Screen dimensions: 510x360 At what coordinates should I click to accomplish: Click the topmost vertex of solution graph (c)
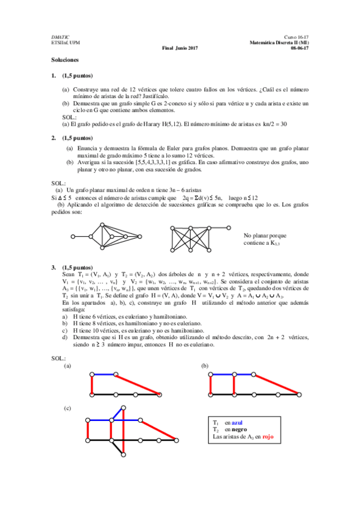[123, 407]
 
